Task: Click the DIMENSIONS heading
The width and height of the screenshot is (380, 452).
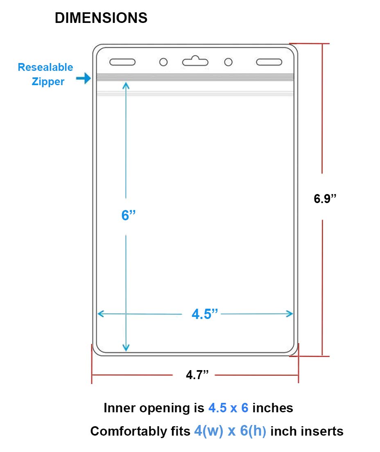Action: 101,18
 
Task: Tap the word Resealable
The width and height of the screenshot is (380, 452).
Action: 45,67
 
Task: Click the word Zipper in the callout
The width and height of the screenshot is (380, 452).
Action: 48,81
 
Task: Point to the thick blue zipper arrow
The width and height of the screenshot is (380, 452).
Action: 83,78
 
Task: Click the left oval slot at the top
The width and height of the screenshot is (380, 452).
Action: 122,62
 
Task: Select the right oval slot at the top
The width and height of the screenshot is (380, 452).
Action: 269,62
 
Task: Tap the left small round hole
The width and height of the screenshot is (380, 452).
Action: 163,62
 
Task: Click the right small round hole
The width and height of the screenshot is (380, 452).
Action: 228,62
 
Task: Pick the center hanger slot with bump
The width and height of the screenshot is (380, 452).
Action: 195,61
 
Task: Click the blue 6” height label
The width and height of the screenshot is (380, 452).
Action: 128,215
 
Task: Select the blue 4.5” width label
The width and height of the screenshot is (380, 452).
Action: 205,314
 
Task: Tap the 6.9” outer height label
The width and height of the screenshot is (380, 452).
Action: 325,199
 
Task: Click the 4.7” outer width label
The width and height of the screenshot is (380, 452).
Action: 197,375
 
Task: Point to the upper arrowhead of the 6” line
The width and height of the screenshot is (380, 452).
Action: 126,85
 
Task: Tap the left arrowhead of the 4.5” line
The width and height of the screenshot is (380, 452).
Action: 101,314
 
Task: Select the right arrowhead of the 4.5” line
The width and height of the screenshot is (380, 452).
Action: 290,314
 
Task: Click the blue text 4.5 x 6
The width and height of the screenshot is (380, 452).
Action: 228,408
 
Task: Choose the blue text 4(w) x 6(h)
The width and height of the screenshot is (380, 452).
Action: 230,431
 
